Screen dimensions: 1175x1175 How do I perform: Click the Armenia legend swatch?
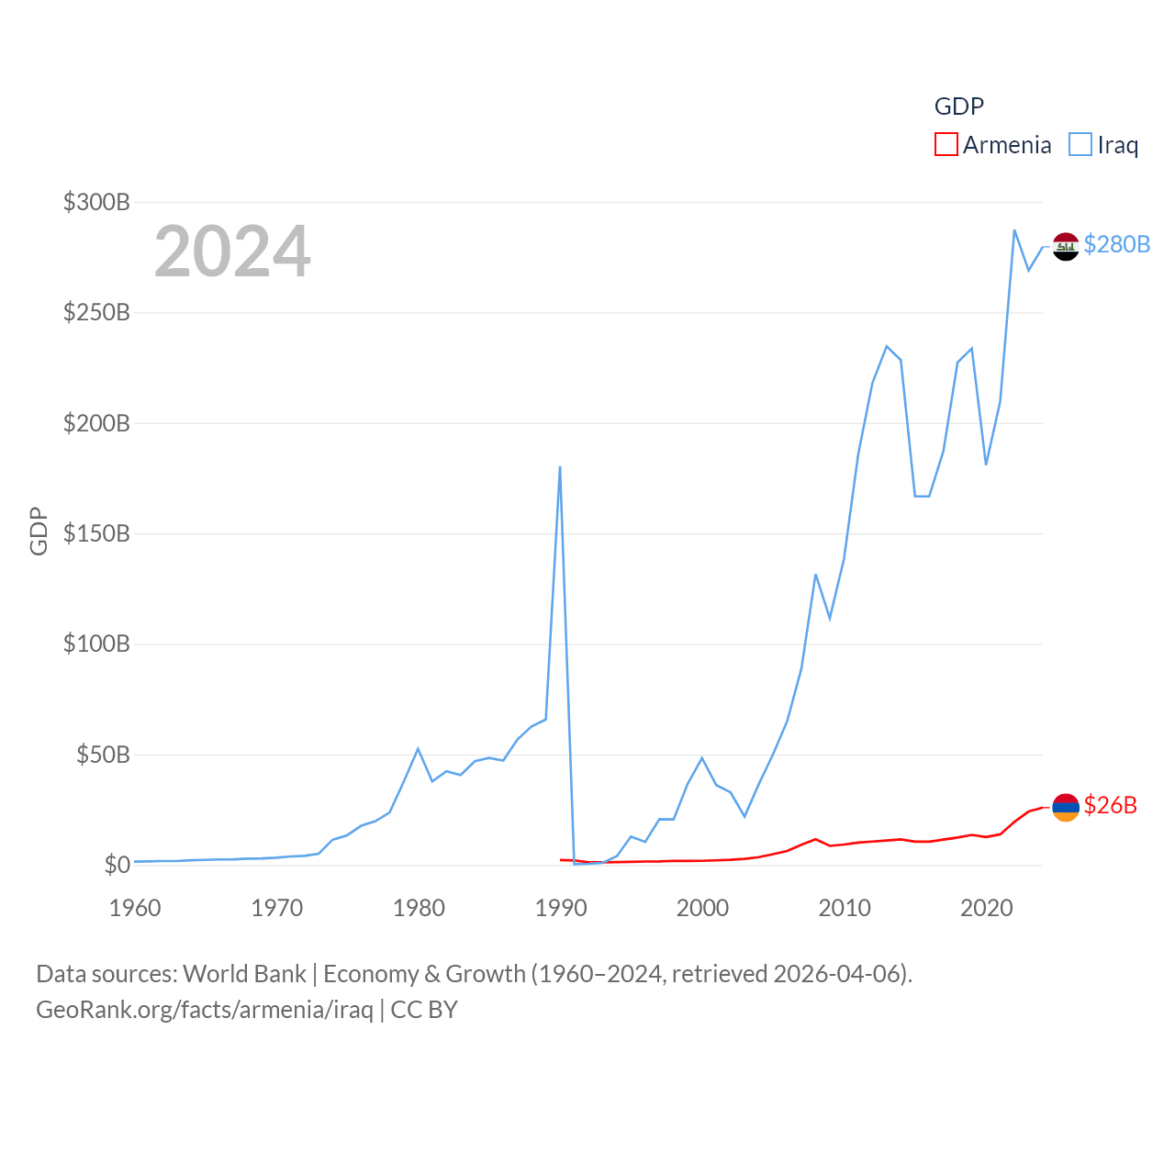click(x=946, y=145)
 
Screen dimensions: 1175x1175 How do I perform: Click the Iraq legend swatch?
click(x=1080, y=145)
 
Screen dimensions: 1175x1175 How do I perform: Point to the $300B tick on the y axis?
click(x=96, y=202)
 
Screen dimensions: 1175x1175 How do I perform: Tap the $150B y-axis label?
click(x=96, y=533)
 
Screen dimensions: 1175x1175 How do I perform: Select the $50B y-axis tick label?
click(x=103, y=755)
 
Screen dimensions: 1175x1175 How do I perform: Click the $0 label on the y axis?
click(x=117, y=865)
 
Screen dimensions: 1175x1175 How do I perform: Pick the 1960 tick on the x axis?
click(x=135, y=908)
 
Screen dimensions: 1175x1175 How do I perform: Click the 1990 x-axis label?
click(x=561, y=908)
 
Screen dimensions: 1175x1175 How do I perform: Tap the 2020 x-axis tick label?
click(x=987, y=908)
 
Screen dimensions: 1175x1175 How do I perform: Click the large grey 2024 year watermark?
click(x=232, y=252)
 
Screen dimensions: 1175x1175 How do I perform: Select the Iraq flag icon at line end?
click(x=1066, y=246)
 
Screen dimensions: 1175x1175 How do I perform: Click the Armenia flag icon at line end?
click(x=1066, y=807)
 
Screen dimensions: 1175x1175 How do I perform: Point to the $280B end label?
click(x=1117, y=244)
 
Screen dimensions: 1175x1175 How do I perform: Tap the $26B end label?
click(x=1111, y=805)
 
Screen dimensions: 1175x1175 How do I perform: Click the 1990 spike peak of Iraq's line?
click(x=560, y=467)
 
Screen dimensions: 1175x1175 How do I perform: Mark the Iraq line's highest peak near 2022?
click(x=1014, y=230)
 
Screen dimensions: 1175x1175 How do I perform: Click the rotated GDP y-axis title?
click(x=39, y=531)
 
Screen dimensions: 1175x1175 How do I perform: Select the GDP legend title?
click(x=959, y=106)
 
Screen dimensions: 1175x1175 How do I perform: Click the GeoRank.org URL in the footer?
click(x=205, y=1010)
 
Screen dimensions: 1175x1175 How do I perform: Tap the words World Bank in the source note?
click(x=244, y=973)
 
